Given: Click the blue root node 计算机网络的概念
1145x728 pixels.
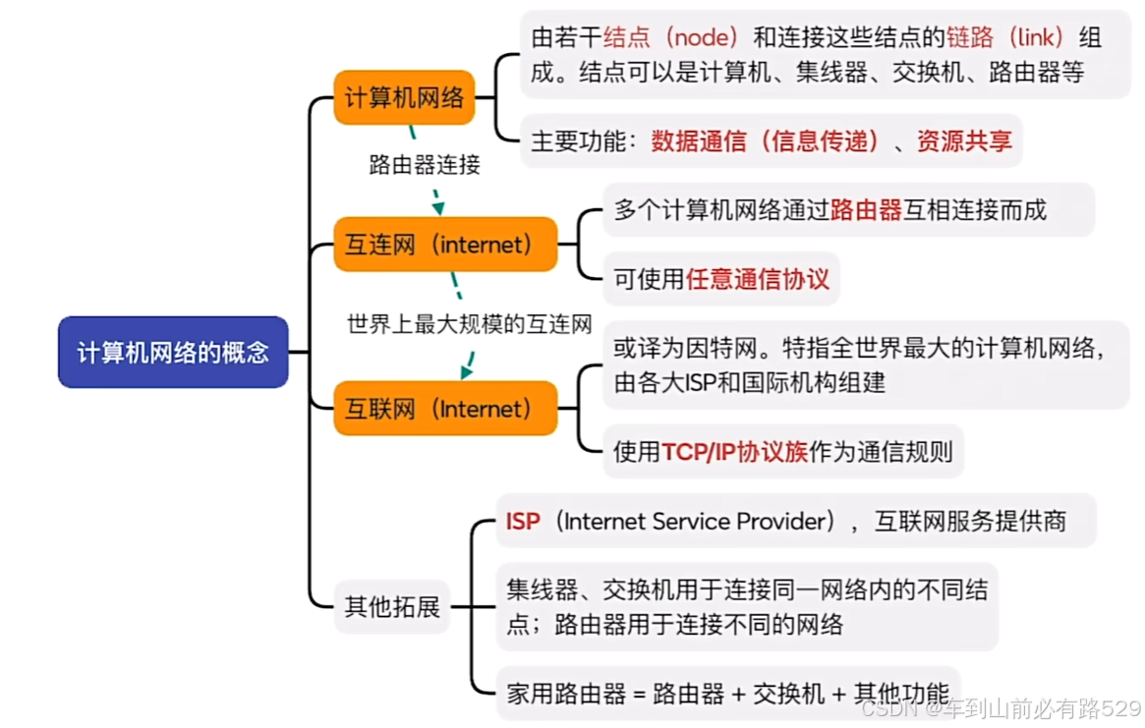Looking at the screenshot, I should click(x=173, y=352).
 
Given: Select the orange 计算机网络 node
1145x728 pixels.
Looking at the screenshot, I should click(x=404, y=97).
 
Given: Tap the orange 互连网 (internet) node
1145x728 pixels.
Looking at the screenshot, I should click(x=445, y=244).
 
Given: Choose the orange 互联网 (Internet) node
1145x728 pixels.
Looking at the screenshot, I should click(x=445, y=408).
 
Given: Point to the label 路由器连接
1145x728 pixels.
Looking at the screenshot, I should click(x=425, y=164).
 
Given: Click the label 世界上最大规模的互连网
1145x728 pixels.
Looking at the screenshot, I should click(x=470, y=324).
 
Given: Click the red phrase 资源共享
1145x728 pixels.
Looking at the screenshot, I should click(x=964, y=141).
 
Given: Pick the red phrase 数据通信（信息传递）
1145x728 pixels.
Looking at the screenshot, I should click(x=767, y=141).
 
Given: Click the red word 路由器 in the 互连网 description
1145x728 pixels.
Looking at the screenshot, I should click(x=866, y=209).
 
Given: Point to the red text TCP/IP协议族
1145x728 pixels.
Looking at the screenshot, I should click(x=734, y=451).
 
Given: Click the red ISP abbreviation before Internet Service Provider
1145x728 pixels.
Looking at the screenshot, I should click(x=523, y=521).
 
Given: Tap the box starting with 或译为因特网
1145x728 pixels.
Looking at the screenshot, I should click(x=865, y=364).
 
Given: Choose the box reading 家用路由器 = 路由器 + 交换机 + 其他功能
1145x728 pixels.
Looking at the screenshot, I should click(x=727, y=693).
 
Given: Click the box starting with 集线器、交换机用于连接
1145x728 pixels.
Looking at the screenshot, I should click(x=747, y=606).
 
